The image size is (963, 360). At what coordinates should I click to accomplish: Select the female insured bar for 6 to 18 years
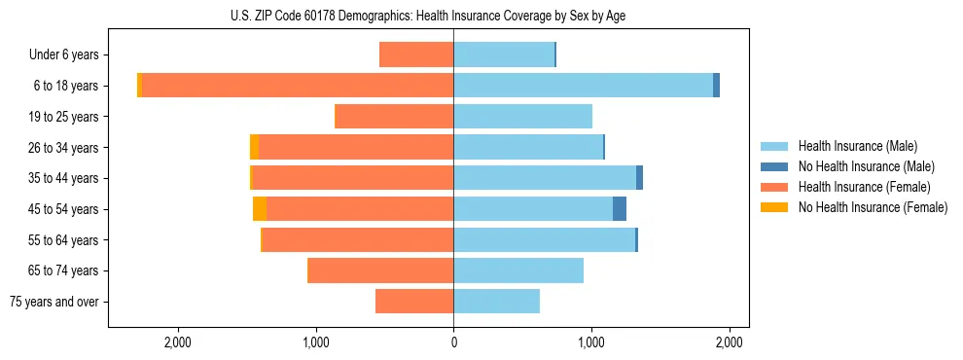point(298,86)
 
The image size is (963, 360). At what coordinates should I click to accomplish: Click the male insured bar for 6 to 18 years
point(583,86)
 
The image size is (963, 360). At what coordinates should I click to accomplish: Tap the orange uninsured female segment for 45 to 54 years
point(260,209)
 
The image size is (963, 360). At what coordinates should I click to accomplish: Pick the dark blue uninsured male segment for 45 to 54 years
point(620,209)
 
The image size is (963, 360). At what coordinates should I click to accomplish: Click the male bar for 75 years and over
point(496,302)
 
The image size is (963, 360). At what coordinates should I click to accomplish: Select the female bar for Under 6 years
point(416,55)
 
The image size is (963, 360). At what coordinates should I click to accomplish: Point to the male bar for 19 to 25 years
point(522,117)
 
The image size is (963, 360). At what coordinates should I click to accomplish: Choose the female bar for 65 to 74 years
point(380,270)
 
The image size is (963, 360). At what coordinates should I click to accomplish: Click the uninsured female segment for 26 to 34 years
point(255,148)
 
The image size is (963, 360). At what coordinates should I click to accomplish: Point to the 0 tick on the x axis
point(453,342)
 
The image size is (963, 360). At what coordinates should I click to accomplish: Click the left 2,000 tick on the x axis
point(177,342)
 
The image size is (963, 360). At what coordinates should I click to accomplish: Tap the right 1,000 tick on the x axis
point(591,342)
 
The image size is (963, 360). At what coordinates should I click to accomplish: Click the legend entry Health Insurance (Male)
point(857,146)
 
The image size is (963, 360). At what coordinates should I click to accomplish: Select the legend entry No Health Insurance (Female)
point(873,207)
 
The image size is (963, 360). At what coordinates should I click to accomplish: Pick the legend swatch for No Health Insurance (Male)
point(774,166)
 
